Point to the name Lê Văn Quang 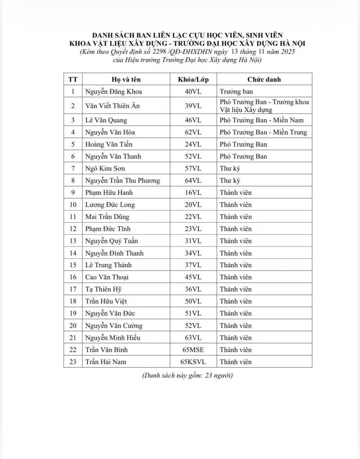(x=106, y=120)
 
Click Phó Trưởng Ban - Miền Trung (x=263, y=132)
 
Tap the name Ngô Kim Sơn (x=105, y=168)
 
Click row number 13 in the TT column (x=73, y=241)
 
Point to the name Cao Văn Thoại (x=107, y=277)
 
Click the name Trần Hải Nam (x=105, y=362)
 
